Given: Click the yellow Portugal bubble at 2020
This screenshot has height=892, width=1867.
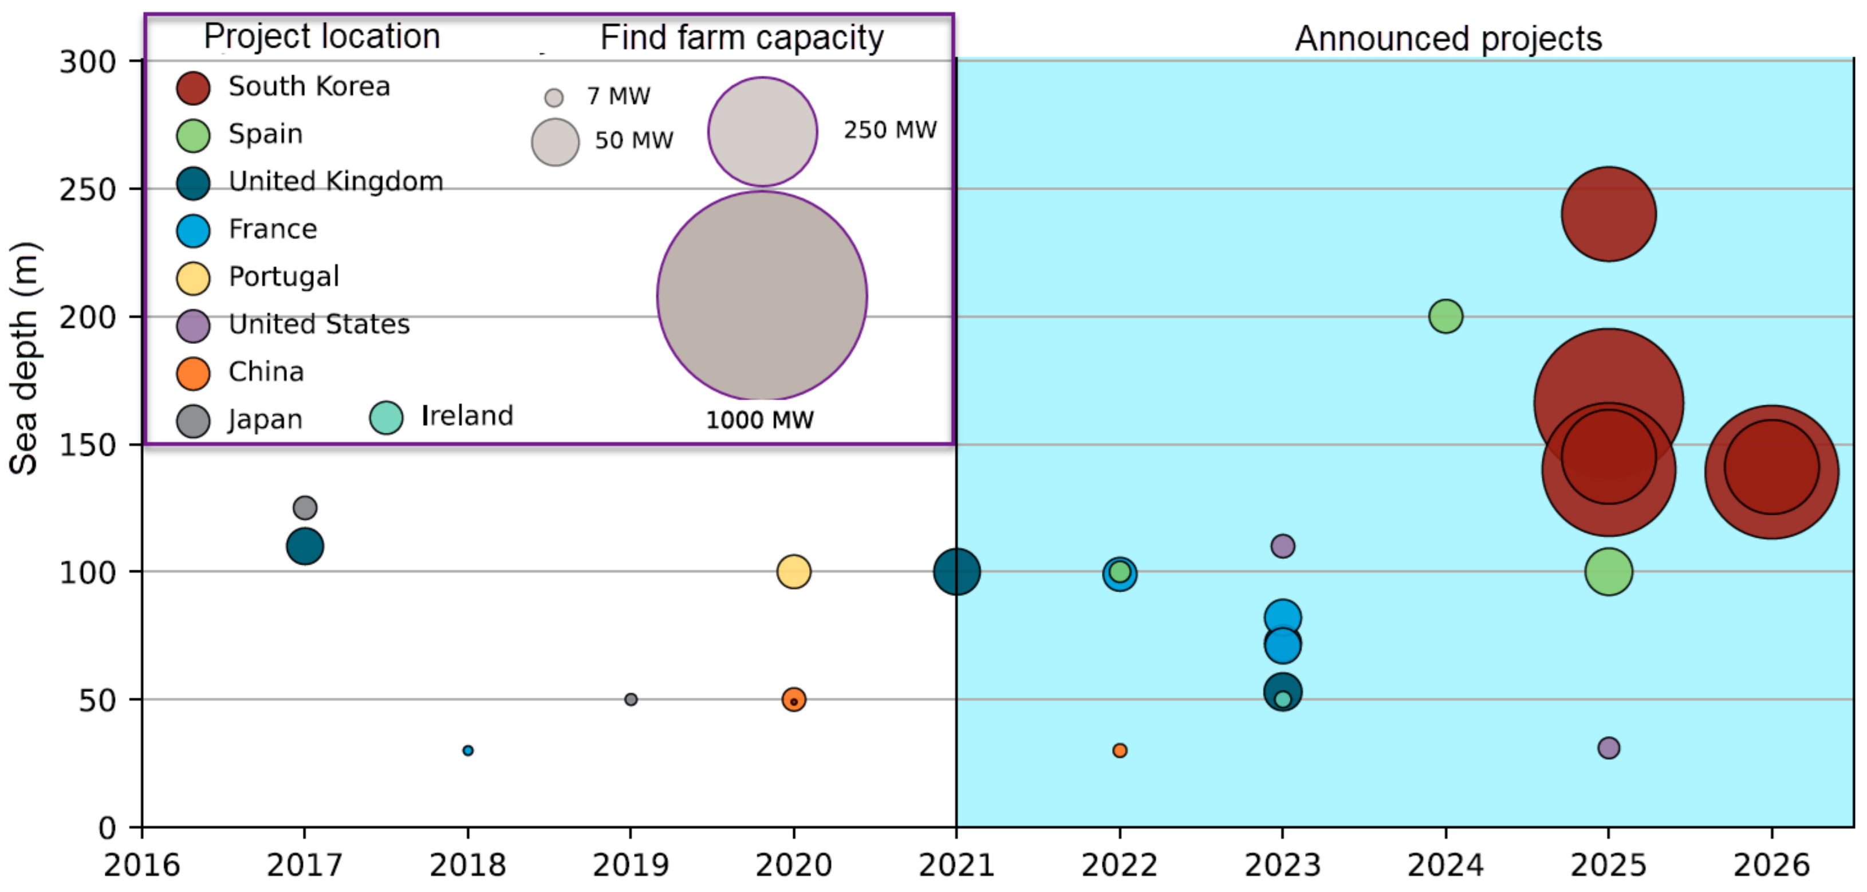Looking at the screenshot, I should click(x=794, y=572).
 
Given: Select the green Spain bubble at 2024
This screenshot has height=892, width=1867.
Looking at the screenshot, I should click(x=1445, y=316).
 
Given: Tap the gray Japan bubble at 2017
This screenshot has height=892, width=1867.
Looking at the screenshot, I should click(x=305, y=508).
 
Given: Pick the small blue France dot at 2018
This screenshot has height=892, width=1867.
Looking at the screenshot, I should click(x=467, y=750).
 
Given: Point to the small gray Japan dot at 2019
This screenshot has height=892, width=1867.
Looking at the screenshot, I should click(x=631, y=699).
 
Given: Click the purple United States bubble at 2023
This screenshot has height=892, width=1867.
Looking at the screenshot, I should click(x=1282, y=545).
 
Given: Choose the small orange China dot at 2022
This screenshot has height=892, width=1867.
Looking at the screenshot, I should click(x=1119, y=750).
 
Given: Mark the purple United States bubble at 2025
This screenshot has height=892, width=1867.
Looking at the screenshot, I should click(x=1608, y=748).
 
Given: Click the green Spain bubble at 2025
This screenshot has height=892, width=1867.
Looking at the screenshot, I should click(x=1608, y=572).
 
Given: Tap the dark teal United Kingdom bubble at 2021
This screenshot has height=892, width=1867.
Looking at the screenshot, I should click(x=956, y=572).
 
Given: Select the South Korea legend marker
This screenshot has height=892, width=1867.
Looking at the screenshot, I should click(x=193, y=88).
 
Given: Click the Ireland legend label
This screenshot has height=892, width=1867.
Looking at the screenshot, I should click(x=467, y=416).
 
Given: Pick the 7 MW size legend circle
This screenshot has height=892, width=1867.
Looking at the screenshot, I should click(x=554, y=97).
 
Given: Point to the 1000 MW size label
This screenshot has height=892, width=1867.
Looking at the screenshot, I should click(x=759, y=420).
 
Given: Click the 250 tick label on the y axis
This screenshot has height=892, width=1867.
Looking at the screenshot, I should click(x=88, y=190).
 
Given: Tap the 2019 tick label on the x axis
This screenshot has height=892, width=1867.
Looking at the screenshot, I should click(x=631, y=865).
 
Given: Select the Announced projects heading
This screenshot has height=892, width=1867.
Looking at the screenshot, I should click(x=1448, y=38).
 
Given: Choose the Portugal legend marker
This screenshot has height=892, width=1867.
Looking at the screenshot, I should click(x=193, y=279).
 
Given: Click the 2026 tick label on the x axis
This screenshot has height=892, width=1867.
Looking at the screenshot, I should click(x=1771, y=865).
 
